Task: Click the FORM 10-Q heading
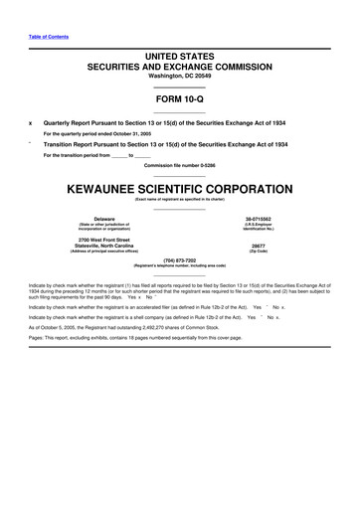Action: pos(179,99)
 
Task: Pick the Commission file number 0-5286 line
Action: pos(179,164)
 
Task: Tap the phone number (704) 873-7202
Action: pos(180,260)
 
